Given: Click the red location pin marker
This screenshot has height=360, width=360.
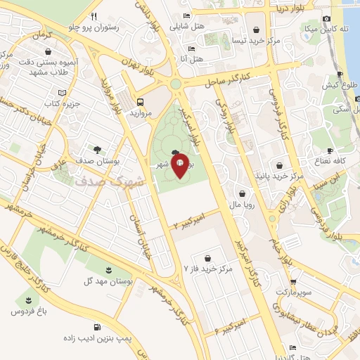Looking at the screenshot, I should coord(179,165).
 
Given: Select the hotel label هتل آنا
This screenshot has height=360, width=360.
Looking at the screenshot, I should coord(192,58).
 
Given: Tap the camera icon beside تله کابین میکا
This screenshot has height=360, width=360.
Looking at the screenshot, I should coord(326,19).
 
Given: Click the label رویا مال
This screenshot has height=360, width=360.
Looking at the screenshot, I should coord(243,205).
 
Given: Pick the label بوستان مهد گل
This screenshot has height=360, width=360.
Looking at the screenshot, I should coord(108,282).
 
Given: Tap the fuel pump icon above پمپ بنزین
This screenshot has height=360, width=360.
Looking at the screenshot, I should coord(96,327).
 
